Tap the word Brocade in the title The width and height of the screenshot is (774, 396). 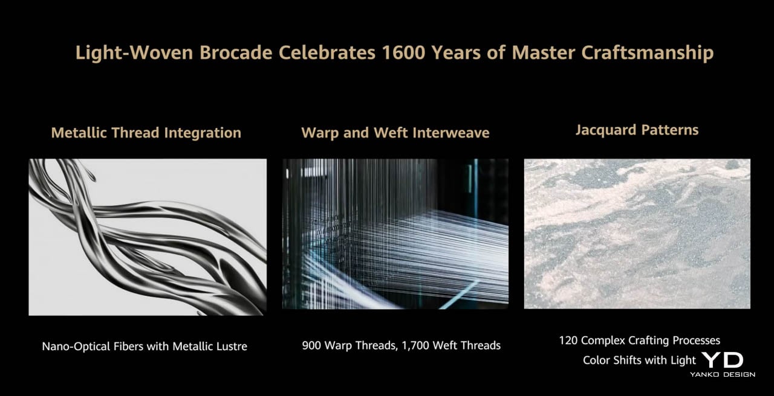pyautogui.click(x=236, y=53)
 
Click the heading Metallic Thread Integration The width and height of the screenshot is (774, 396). pyautogui.click(x=146, y=133)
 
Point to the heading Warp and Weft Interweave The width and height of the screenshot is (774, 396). pyautogui.click(x=395, y=133)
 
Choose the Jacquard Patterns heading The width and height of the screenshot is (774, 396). pyautogui.click(x=637, y=130)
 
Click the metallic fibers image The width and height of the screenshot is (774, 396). pyautogui.click(x=148, y=237)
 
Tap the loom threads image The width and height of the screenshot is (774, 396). pyautogui.click(x=395, y=234)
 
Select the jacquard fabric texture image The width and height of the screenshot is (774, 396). pyautogui.click(x=637, y=234)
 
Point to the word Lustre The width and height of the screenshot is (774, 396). pyautogui.click(x=232, y=346)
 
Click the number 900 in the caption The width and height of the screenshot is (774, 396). pyautogui.click(x=312, y=345)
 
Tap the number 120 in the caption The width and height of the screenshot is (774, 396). pyautogui.click(x=568, y=340)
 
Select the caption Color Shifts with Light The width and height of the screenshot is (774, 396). pyautogui.click(x=639, y=360)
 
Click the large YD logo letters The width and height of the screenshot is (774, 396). pyautogui.click(x=723, y=360)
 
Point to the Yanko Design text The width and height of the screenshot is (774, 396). pyautogui.click(x=723, y=374)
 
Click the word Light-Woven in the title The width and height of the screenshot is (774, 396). pyautogui.click(x=134, y=53)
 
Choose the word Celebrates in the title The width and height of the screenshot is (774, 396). pyautogui.click(x=327, y=53)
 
